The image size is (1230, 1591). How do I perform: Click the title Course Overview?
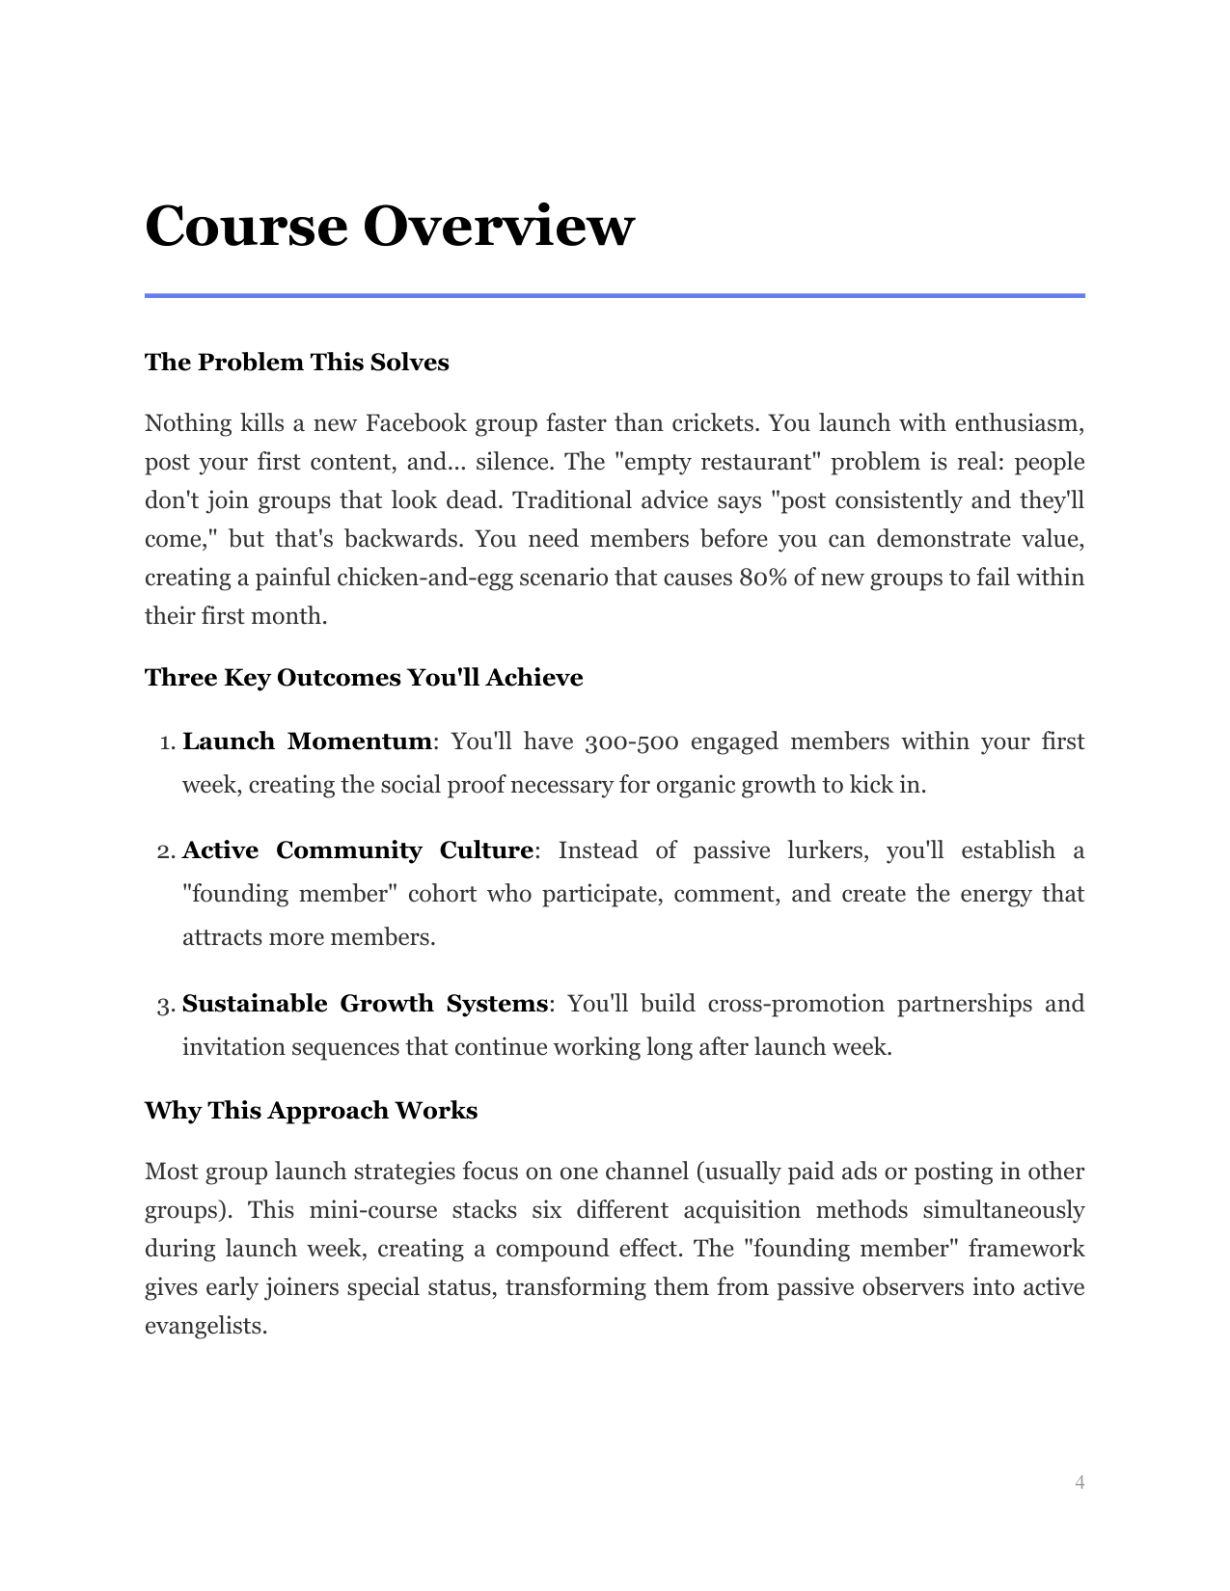389,227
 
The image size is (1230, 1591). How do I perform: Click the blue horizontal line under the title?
615,295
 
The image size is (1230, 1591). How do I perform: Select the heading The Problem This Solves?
296,363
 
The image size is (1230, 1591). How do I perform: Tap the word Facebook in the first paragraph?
416,423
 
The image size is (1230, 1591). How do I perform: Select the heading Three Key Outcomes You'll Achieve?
364,678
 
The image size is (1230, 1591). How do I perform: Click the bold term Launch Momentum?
307,742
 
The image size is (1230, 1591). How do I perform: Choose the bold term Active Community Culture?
357,850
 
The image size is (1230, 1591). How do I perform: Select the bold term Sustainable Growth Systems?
365,1004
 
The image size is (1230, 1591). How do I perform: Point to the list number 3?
164,1006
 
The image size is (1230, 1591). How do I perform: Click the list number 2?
164,851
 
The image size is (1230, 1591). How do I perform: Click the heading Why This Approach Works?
311,1111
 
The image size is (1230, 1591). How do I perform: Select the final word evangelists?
205,1326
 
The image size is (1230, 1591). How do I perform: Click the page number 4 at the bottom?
1080,1482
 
